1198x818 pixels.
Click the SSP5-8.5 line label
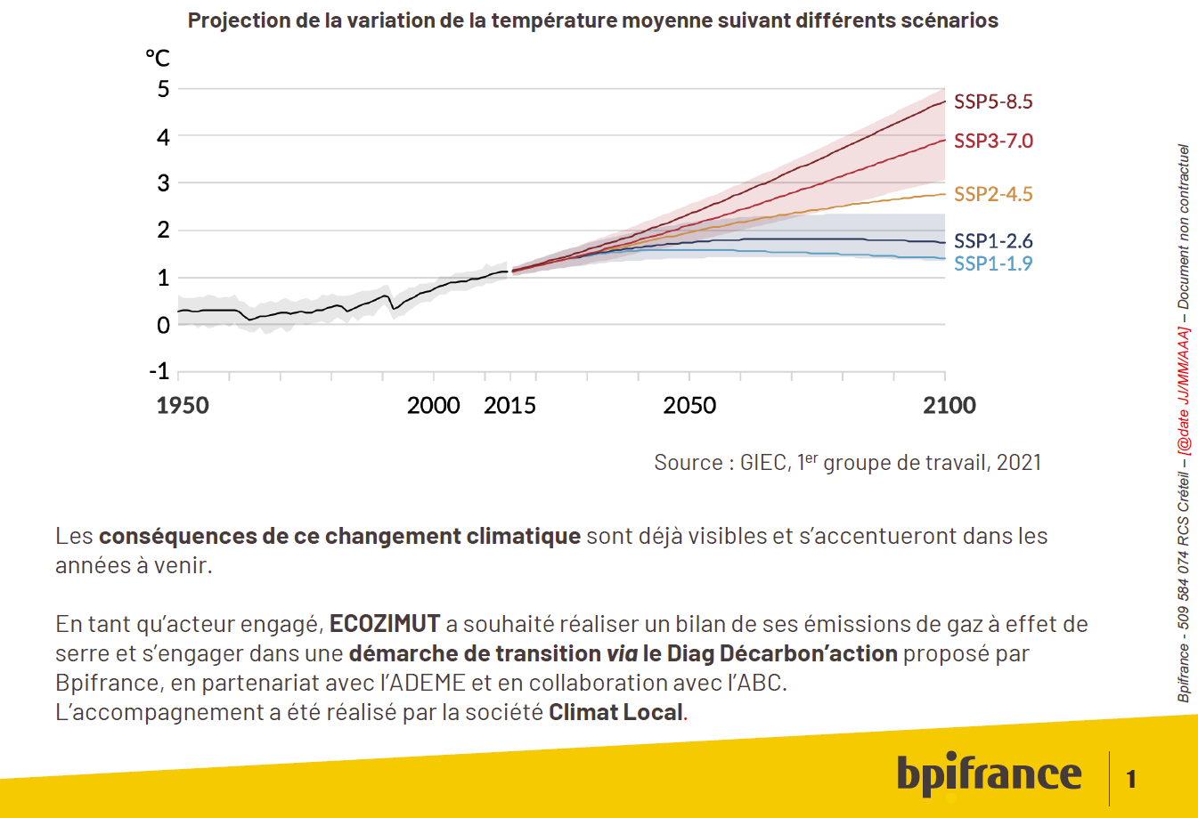pos(992,101)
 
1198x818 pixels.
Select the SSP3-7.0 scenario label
pos(992,141)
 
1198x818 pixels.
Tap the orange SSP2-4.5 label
pos(992,194)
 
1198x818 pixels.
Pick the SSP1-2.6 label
pos(992,240)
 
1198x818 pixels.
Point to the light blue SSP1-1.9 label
pos(992,263)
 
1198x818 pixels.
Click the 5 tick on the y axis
pos(163,89)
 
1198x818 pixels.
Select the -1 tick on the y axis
pos(159,371)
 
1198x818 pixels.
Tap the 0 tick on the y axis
pos(163,326)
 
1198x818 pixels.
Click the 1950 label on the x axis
pos(183,406)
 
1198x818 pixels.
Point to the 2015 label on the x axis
pos(509,406)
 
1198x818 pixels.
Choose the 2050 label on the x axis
pos(689,406)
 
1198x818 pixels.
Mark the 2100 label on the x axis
pos(949,406)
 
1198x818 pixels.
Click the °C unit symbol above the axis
pos(158,59)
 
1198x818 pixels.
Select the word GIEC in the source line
pos(763,463)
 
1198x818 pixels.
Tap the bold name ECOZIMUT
pos(385,624)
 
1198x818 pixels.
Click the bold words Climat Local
pos(615,712)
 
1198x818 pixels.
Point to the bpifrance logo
pos(989,774)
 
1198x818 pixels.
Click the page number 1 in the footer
pos(1131,780)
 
